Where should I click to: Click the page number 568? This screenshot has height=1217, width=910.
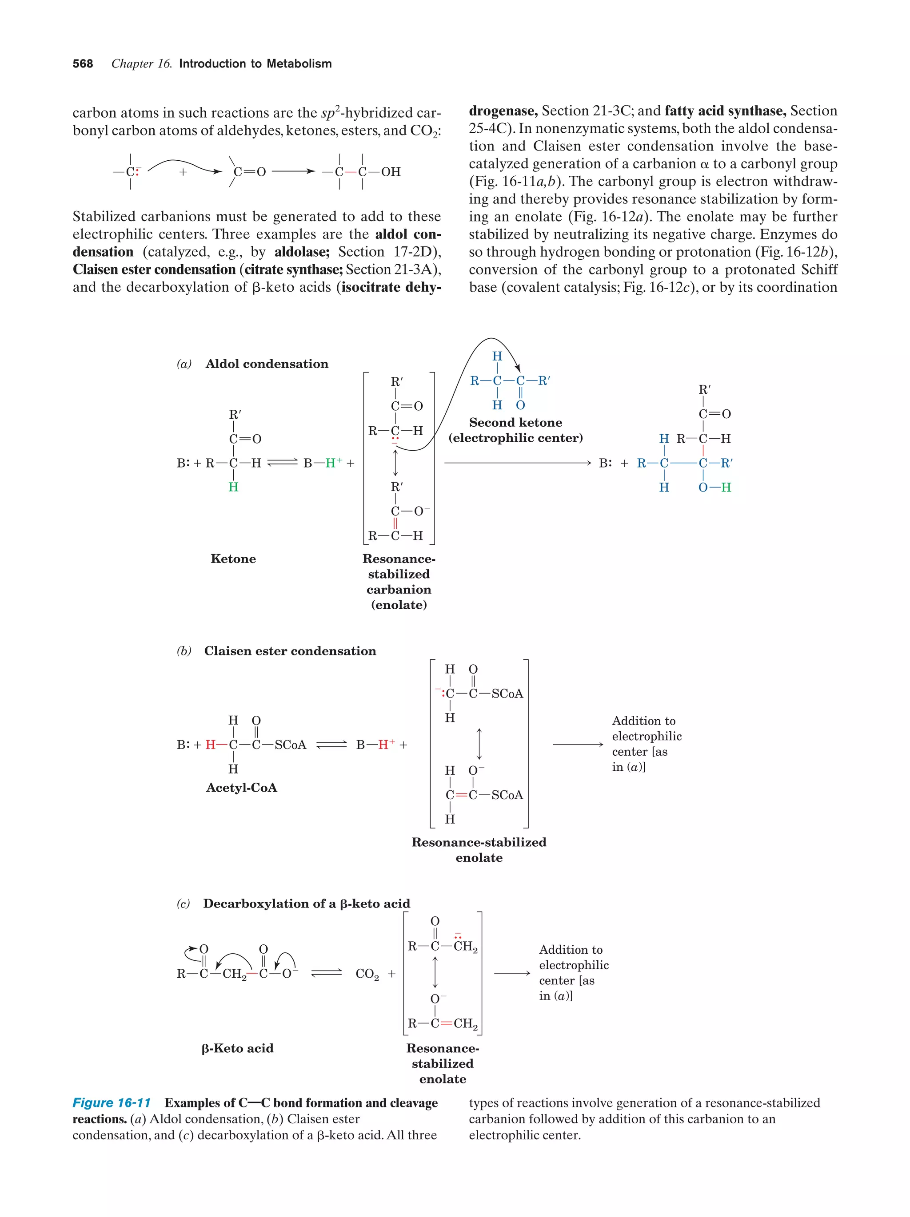point(83,64)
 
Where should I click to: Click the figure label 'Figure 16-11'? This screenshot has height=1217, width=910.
point(112,1102)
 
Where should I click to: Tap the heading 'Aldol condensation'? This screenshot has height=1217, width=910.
point(267,364)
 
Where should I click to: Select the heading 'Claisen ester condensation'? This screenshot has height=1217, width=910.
point(290,651)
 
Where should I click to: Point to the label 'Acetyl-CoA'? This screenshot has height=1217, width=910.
point(241,787)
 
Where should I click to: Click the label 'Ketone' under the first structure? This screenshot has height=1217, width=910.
point(233,559)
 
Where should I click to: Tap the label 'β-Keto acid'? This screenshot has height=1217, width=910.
point(237,1048)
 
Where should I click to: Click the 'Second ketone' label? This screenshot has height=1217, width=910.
point(515,423)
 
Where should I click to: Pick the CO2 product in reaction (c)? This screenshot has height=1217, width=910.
point(367,974)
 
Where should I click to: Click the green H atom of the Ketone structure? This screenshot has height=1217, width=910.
point(233,487)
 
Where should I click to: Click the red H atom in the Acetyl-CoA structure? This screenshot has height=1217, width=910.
point(210,745)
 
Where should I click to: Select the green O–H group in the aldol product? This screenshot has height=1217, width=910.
point(714,488)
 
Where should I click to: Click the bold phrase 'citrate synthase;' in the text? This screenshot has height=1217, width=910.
point(294,270)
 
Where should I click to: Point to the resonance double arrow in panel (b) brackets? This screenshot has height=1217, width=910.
point(479,745)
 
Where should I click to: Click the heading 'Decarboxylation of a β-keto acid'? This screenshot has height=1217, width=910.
point(307,904)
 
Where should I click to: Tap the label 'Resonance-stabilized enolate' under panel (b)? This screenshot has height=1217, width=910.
point(479,849)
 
